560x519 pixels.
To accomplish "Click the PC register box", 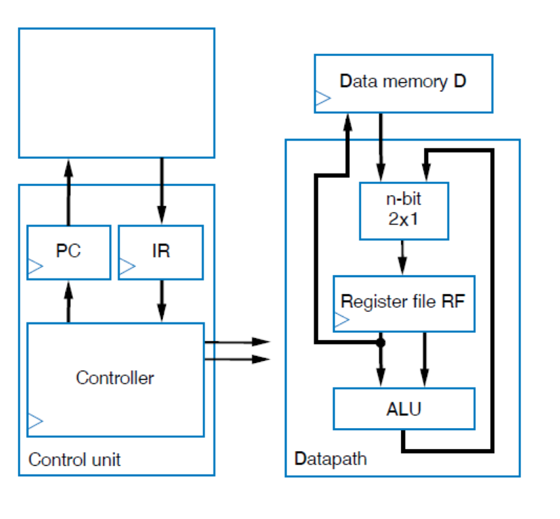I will [68, 252].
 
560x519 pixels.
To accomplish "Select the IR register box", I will [161, 252].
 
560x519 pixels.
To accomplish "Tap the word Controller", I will [115, 378].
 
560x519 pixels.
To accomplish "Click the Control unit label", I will [74, 459].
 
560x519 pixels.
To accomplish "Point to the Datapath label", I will [330, 458].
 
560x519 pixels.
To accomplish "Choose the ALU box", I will [404, 409].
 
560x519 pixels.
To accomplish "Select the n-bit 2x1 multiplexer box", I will [404, 211].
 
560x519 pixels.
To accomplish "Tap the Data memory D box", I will [403, 83].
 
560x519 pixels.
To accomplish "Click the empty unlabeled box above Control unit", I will [116, 93].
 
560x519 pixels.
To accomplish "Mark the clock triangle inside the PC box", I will [35, 267].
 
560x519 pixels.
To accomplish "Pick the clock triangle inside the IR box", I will [127, 267].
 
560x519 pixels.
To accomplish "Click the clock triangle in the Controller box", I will [35, 421].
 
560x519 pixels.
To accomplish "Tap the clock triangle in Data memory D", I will [323, 99].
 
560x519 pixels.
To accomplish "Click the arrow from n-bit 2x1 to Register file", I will [403, 258].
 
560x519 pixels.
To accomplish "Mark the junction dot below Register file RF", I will [381, 343].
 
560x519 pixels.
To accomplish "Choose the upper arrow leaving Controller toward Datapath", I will [238, 342].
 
